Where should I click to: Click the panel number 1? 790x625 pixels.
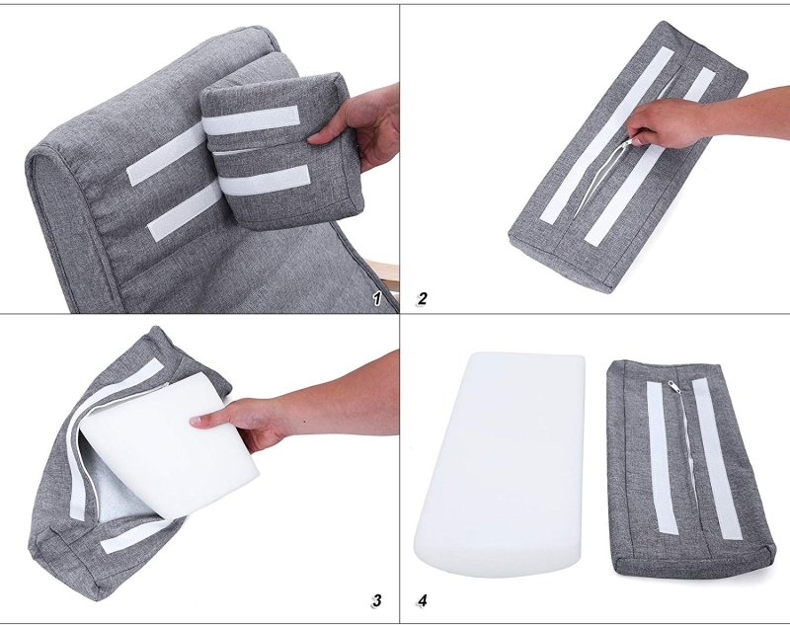click(x=377, y=298)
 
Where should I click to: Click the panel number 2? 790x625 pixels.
click(x=423, y=298)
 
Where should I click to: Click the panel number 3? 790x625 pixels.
click(x=377, y=600)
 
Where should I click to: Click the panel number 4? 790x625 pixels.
click(x=423, y=600)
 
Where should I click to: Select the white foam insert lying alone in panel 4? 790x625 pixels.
click(x=500, y=463)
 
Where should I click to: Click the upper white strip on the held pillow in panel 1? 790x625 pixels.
click(x=251, y=119)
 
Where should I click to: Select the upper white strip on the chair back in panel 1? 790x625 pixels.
click(x=166, y=154)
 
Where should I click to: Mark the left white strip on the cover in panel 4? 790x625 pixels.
click(x=659, y=457)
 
